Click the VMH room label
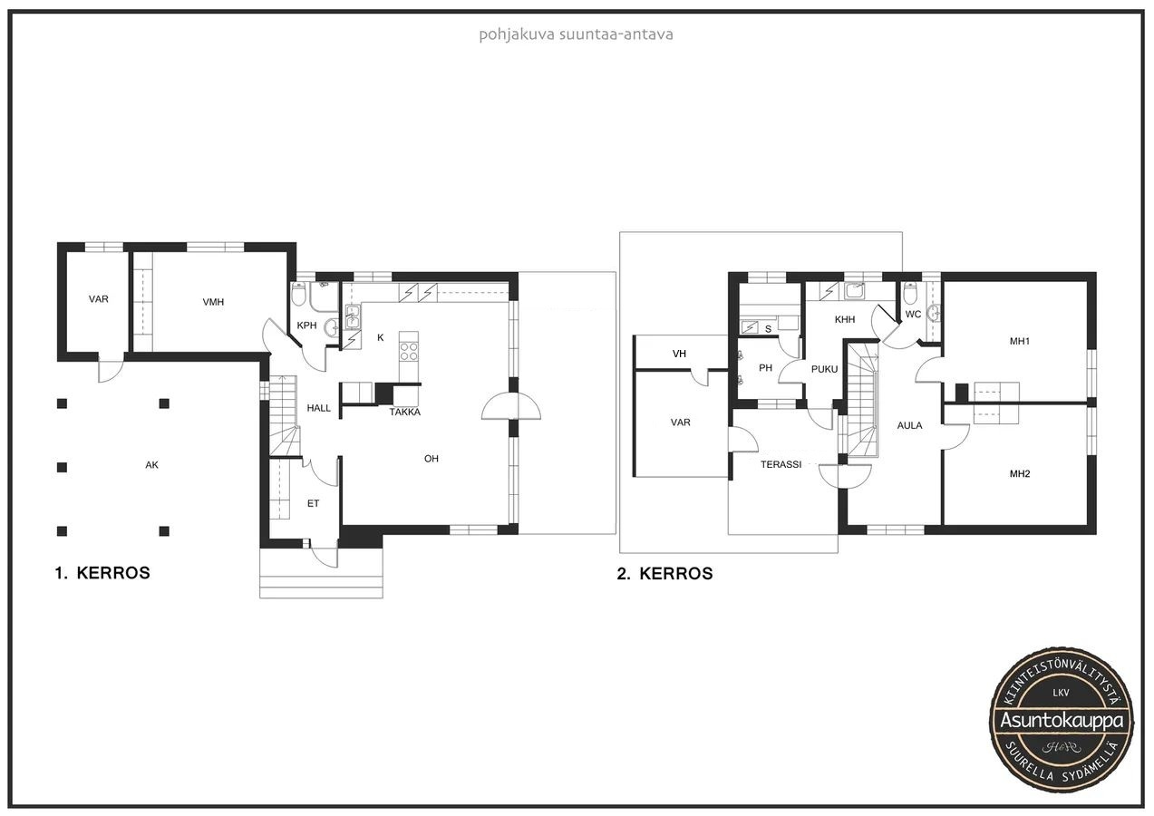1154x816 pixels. coord(213,302)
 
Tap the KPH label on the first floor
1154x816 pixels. coord(306,325)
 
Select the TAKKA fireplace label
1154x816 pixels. coord(405,413)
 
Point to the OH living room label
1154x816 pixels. coord(432,459)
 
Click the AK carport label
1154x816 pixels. coord(151,465)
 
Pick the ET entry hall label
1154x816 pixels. coord(314,503)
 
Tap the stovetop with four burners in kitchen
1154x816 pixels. coord(409,352)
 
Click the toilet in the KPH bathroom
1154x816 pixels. coord(298,294)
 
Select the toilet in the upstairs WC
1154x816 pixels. coord(911,293)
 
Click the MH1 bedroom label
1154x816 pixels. coord(1020,341)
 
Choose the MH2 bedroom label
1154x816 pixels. coord(1020,474)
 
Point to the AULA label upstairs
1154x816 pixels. coord(910,425)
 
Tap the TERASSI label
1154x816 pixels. coord(781,464)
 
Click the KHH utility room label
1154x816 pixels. coord(845,319)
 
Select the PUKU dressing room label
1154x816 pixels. coord(824,369)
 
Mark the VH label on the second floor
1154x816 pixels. coord(679,354)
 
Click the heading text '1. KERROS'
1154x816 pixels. coord(102,573)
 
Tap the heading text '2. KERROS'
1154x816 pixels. coord(665,573)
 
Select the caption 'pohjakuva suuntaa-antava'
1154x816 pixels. coord(576,35)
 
